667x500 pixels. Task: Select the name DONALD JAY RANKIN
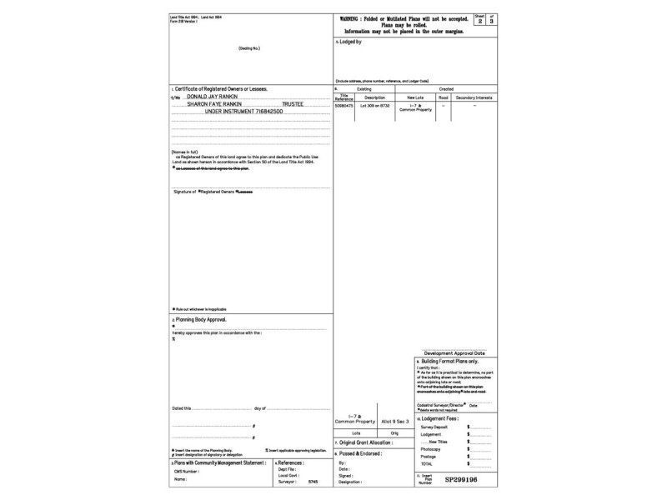211,97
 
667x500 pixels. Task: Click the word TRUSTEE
293,103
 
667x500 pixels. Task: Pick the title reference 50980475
344,106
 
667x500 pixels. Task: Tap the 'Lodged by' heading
350,41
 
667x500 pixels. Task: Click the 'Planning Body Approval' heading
200,319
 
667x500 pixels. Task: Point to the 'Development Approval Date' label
454,353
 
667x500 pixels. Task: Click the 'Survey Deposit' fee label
435,427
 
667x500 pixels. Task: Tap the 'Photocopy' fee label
432,449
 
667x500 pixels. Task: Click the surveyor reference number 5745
313,482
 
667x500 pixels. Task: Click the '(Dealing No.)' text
250,47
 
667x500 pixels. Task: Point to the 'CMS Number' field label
188,472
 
